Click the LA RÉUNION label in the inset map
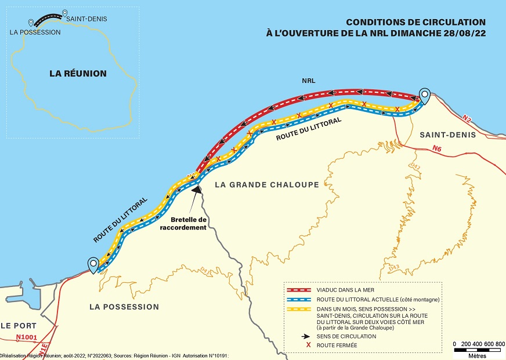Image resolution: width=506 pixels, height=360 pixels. point(78,73)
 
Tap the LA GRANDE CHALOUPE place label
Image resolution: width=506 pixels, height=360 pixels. point(267,185)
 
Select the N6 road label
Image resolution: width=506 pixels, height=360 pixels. point(436,148)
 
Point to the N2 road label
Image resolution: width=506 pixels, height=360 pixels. point(466,118)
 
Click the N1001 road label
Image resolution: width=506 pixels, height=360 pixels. point(27,337)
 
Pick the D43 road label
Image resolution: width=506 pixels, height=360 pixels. point(394,268)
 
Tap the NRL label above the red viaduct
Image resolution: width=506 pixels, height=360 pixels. point(309,81)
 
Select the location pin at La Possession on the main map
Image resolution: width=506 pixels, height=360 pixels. point(93,266)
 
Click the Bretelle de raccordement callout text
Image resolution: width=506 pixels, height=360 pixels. point(183,224)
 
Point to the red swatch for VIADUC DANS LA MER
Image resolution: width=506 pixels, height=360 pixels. point(299,290)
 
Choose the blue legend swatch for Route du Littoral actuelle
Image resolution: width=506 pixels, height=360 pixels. point(299,300)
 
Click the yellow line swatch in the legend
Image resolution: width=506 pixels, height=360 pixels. point(299,310)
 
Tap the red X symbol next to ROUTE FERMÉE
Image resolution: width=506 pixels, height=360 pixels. point(308,345)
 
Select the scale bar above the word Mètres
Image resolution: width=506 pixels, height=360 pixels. point(478,350)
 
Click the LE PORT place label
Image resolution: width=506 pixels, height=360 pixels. point(19,326)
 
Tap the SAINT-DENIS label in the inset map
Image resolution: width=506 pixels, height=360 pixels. point(86,19)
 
